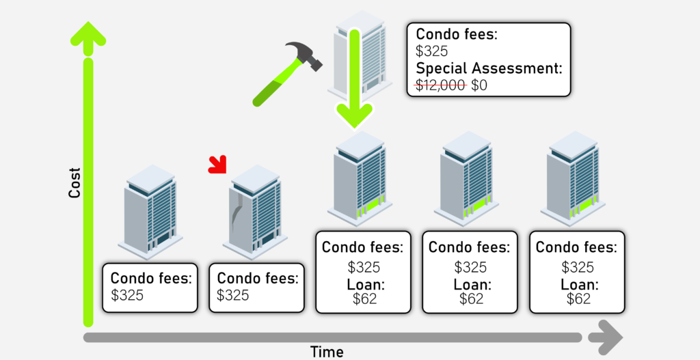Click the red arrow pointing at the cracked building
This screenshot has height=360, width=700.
(218, 164)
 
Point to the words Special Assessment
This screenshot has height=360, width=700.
(489, 68)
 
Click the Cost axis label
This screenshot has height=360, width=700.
(75, 183)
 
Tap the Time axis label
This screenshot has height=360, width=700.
(327, 352)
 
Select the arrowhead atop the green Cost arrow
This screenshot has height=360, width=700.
(87, 34)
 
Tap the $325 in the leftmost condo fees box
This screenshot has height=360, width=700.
(127, 295)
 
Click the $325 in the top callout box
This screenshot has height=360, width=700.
(432, 51)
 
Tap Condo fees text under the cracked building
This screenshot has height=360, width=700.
(258, 279)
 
